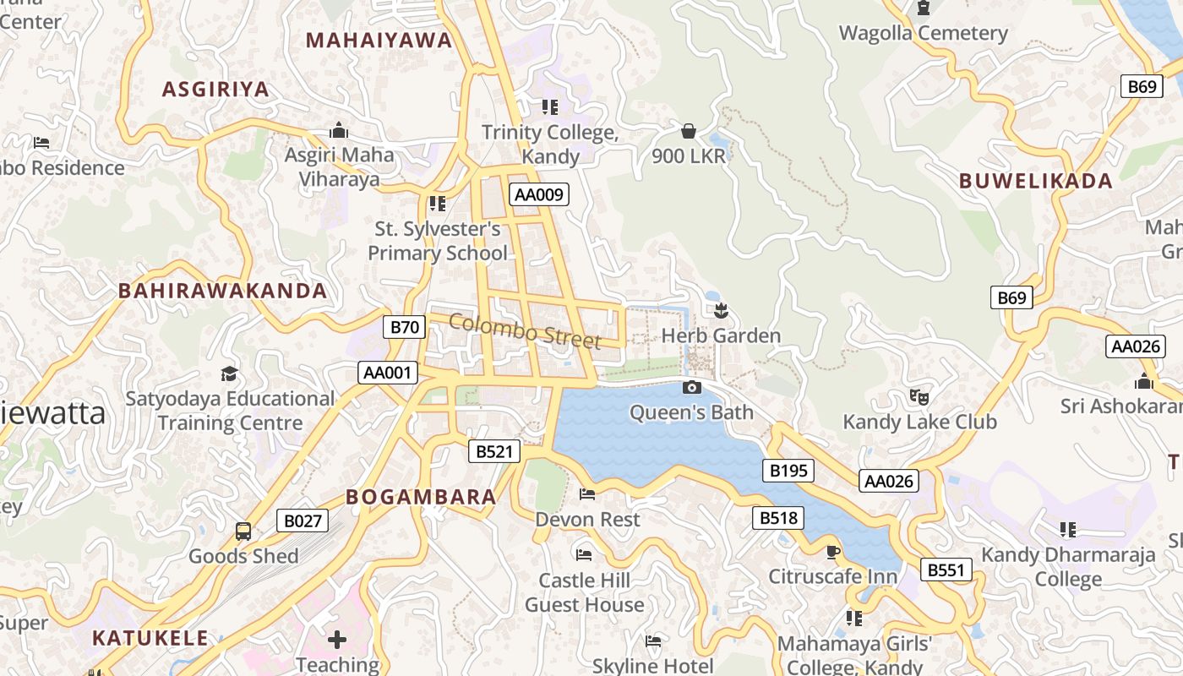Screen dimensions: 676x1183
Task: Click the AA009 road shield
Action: tap(539, 194)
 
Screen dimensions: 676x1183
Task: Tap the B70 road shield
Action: tap(404, 327)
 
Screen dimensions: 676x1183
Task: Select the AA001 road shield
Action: tap(388, 373)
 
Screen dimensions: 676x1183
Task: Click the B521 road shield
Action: tap(494, 451)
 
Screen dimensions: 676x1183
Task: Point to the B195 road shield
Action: tap(788, 471)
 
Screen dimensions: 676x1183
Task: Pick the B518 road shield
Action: tap(777, 517)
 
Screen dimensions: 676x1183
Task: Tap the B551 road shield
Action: tap(945, 570)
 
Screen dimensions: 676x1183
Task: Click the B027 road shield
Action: tap(303, 521)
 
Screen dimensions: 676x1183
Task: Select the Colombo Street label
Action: tap(525, 330)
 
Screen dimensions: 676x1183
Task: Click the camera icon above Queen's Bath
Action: tap(691, 388)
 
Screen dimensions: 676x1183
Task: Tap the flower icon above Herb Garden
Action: tap(721, 310)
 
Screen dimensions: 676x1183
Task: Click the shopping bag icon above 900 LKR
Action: tap(689, 131)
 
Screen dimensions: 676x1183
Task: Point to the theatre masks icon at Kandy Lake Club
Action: tap(919, 396)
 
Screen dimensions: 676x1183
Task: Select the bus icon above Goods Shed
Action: tap(243, 532)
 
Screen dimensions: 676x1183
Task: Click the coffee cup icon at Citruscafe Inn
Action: tap(833, 552)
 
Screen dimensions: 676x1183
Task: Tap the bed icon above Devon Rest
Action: tap(587, 494)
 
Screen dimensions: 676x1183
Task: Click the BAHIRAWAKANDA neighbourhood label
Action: tap(222, 291)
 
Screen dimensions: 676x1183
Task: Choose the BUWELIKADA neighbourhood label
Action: tap(1036, 181)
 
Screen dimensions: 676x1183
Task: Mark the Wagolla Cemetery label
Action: tap(923, 33)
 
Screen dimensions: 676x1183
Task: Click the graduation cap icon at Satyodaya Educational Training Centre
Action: tap(229, 373)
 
